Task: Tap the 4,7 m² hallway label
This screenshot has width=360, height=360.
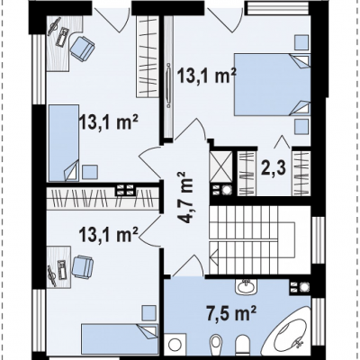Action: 186,197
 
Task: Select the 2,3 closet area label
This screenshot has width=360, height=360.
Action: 274,169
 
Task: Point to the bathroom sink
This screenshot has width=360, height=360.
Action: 246,287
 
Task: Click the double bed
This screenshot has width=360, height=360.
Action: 272,85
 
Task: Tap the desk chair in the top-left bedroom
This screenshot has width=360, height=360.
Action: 82,49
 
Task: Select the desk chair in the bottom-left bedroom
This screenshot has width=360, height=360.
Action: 82,267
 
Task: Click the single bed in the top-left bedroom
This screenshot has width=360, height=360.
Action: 64,143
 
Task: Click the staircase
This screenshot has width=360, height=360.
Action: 253,239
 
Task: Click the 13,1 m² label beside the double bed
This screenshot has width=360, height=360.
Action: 207,76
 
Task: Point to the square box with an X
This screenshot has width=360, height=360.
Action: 220,166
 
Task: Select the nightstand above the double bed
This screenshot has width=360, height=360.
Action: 301,42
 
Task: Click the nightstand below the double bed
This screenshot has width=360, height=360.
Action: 301,127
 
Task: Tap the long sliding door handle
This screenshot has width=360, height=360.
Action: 169,85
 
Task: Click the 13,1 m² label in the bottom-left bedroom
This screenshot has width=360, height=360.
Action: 109,234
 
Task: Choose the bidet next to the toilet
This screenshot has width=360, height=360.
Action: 215,345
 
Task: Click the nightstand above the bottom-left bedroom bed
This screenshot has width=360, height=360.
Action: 148,313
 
